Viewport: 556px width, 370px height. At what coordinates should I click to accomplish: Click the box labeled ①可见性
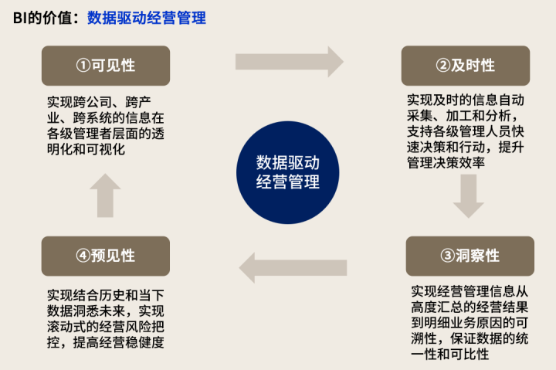(x=106, y=66)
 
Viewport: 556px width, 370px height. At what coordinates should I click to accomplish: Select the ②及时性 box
(x=466, y=66)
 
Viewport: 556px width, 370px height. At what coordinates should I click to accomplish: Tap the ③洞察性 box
(x=470, y=256)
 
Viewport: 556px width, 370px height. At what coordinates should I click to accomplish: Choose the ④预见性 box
(x=106, y=256)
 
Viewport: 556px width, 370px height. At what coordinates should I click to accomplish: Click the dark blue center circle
(x=287, y=173)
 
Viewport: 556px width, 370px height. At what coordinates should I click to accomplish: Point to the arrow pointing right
(x=290, y=62)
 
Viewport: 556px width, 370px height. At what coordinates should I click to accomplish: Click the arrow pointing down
(x=469, y=196)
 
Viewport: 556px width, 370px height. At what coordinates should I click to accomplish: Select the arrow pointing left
(x=293, y=268)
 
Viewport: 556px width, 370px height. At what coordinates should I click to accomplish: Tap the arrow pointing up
(x=105, y=195)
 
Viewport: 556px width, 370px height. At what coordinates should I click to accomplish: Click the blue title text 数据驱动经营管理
(x=147, y=18)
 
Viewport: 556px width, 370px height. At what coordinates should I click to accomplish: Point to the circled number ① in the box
(x=83, y=66)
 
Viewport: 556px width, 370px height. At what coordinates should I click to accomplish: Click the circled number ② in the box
(x=443, y=66)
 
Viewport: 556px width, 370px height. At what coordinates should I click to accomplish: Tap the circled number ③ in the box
(x=448, y=256)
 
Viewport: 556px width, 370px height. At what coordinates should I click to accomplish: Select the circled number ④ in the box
(x=83, y=256)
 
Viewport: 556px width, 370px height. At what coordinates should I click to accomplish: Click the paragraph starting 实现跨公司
(x=106, y=126)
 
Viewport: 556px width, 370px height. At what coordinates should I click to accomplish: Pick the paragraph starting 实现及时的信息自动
(x=466, y=131)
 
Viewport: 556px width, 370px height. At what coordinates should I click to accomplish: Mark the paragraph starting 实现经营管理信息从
(x=470, y=322)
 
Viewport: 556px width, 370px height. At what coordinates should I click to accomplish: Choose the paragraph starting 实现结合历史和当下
(x=106, y=318)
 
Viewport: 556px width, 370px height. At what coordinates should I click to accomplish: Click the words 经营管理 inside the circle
(x=287, y=182)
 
